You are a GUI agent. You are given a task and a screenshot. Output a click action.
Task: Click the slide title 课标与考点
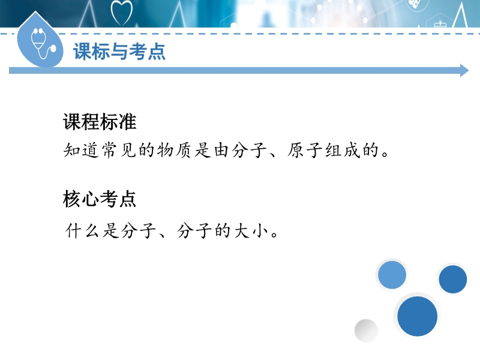tap(119, 52)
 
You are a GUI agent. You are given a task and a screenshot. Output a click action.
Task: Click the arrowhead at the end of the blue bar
tap(464, 71)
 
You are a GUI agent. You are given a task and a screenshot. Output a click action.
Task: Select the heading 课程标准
tap(100, 122)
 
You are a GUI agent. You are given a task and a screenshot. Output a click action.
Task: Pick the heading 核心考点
tap(100, 199)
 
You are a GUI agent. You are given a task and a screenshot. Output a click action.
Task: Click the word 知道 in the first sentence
tap(81, 151)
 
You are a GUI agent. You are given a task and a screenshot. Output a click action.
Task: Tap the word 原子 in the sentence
tap(305, 151)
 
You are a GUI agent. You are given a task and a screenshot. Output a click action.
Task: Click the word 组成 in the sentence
tap(342, 151)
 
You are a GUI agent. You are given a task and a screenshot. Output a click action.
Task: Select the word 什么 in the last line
tap(82, 230)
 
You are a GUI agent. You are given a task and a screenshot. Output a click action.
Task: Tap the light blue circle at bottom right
tap(392, 275)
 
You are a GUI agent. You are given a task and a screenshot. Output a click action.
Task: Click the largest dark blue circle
tap(417, 316)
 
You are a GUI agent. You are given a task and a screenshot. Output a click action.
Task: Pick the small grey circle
tap(366, 331)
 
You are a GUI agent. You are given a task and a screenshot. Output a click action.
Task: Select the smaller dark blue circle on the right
tap(453, 279)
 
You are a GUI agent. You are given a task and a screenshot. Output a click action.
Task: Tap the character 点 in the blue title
tap(157, 52)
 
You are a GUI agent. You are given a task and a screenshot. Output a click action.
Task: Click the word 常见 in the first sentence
tap(118, 151)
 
